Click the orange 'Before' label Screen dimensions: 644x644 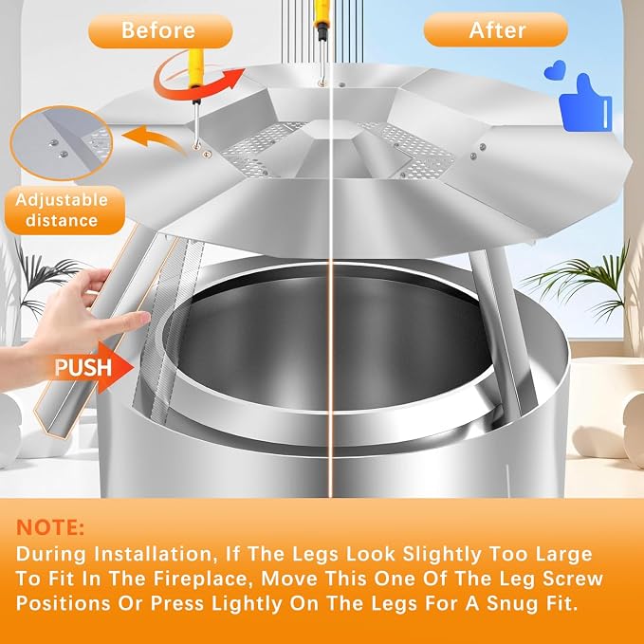[160, 31]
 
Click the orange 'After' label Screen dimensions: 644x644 [496, 29]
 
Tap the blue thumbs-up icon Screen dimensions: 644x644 [586, 104]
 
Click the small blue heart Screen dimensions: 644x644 [555, 70]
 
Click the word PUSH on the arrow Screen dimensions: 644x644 [83, 367]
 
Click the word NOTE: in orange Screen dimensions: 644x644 [50, 527]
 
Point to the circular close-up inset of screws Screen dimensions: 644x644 [62, 143]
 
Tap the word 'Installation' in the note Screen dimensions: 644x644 [153, 554]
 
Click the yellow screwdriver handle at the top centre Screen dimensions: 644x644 [322, 12]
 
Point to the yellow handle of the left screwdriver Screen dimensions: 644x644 [196, 68]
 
